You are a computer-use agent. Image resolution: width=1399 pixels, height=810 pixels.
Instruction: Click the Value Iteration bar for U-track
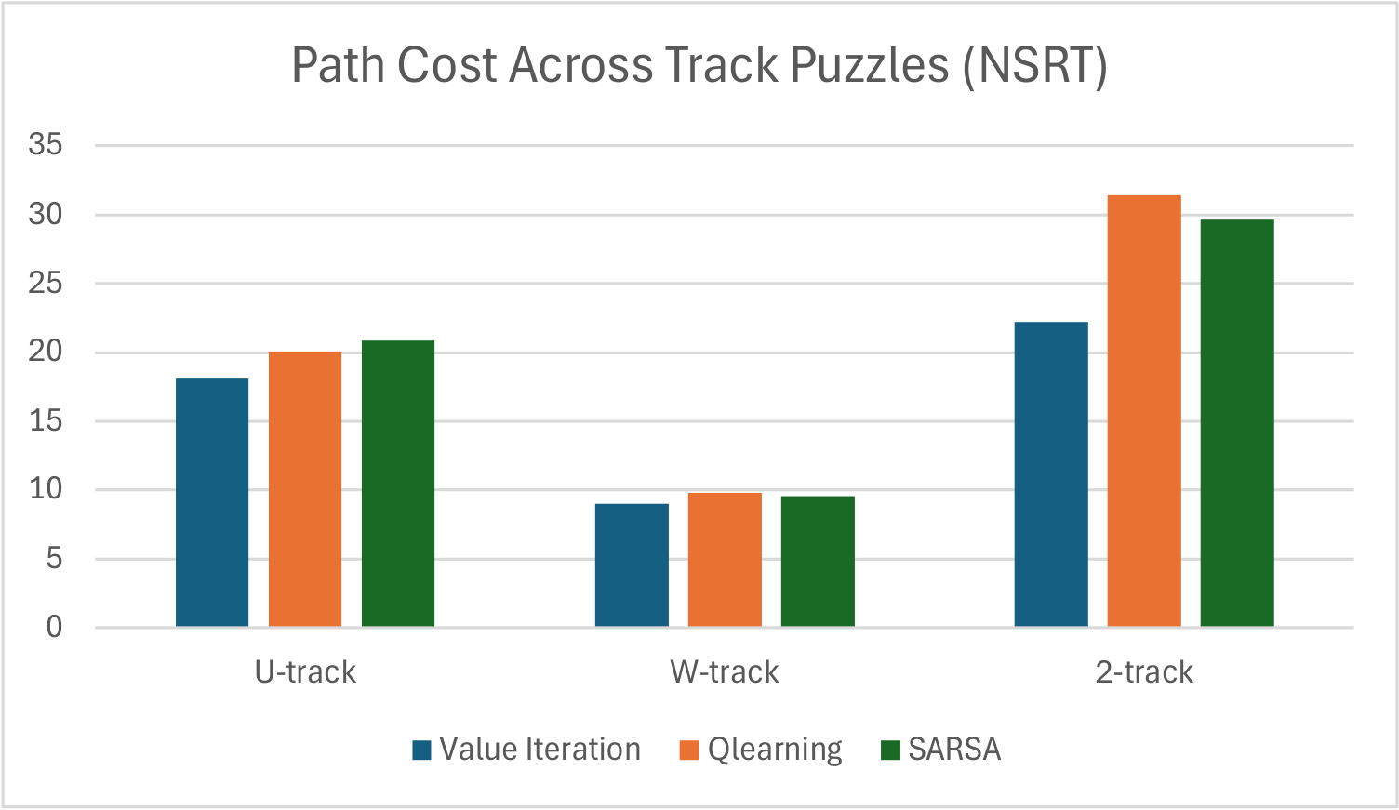click(x=212, y=502)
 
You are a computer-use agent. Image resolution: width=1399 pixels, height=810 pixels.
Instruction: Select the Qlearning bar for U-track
click(x=305, y=489)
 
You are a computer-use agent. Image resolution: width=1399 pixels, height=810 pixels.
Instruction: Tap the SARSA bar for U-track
click(x=398, y=484)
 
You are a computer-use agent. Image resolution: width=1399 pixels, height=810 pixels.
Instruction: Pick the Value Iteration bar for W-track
click(x=632, y=564)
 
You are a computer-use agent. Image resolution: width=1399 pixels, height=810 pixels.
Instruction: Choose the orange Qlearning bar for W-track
click(x=725, y=559)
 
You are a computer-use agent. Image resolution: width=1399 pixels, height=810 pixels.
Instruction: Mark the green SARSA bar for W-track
click(x=818, y=561)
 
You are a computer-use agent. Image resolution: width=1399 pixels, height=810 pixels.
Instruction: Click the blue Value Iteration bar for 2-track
click(x=1051, y=474)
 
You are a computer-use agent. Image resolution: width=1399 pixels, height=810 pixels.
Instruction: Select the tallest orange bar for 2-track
click(x=1144, y=411)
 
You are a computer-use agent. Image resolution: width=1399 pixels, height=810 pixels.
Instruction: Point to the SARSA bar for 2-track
click(x=1237, y=423)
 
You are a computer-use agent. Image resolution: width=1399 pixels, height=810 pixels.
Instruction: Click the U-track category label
click(x=305, y=672)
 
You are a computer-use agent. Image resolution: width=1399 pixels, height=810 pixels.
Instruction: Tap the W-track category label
click(x=725, y=672)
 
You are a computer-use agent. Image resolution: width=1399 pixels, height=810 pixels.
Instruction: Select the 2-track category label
click(x=1144, y=672)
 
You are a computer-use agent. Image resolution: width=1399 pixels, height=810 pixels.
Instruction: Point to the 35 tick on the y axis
click(x=46, y=144)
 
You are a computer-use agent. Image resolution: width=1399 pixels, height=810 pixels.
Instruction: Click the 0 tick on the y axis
click(x=54, y=628)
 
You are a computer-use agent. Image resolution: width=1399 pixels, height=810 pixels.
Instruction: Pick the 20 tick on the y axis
click(x=46, y=352)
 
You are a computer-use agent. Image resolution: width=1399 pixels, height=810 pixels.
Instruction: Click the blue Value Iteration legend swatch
click(x=422, y=750)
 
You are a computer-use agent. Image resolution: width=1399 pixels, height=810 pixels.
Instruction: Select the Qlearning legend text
click(x=775, y=750)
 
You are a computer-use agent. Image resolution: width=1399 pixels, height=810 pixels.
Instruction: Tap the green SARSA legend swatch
click(x=891, y=750)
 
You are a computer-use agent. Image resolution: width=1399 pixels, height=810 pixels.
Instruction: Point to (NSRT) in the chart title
click(x=1035, y=65)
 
